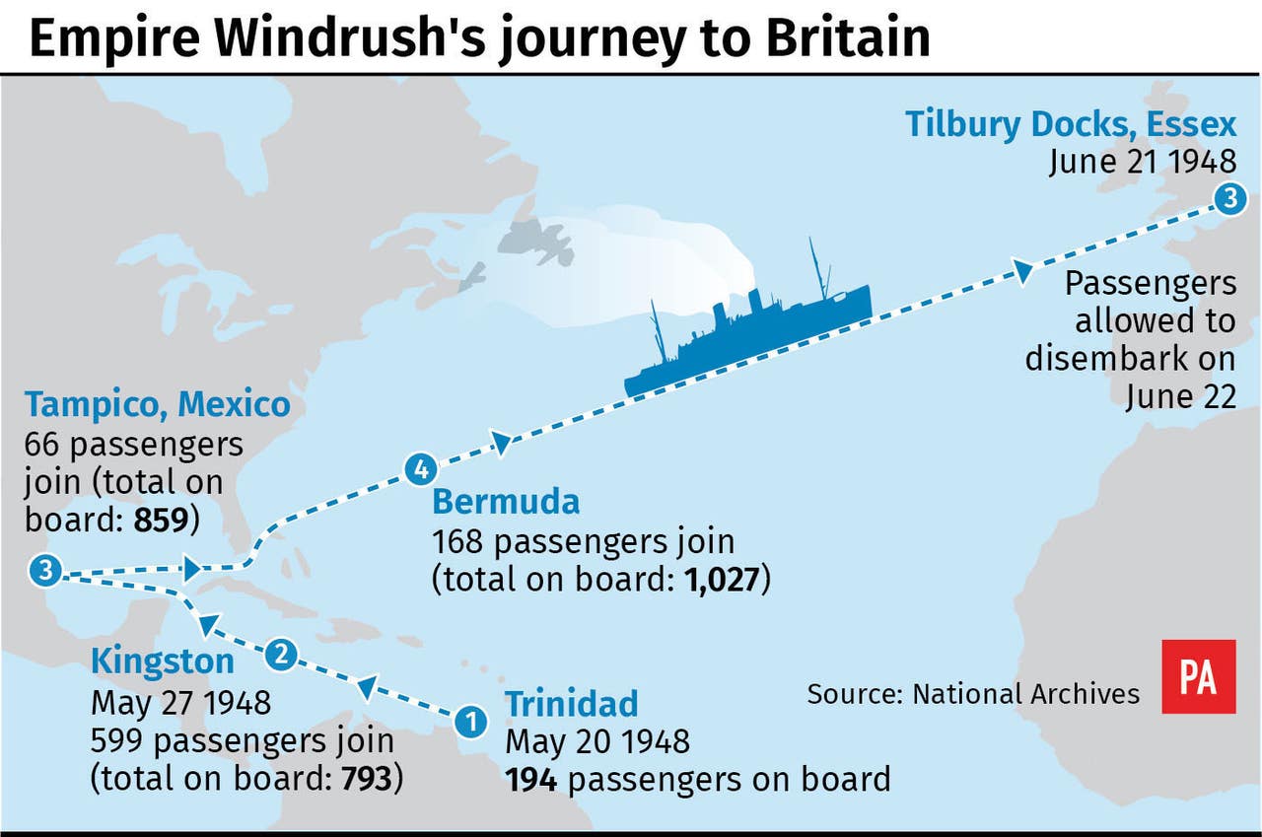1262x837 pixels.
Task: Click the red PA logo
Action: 1198,676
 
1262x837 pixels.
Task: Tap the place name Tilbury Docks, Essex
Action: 1070,124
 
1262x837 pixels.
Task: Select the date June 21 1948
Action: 1142,161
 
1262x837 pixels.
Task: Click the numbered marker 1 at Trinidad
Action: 471,722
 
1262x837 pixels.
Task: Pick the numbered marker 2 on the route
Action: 282,654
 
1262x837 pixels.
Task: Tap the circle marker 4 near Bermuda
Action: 418,469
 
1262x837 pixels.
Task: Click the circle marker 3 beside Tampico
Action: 45,570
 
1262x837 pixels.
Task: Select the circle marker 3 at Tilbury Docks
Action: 1227,199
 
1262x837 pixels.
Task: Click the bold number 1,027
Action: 722,579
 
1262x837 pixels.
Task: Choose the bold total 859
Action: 161,520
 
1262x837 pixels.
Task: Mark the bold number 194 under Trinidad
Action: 532,779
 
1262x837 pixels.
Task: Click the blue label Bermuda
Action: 506,502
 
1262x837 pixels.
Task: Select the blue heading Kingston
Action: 163,661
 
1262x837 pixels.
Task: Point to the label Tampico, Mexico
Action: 158,404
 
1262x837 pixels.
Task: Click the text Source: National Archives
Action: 973,693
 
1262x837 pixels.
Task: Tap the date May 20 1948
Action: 597,741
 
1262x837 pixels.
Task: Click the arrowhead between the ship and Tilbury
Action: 1021,269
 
